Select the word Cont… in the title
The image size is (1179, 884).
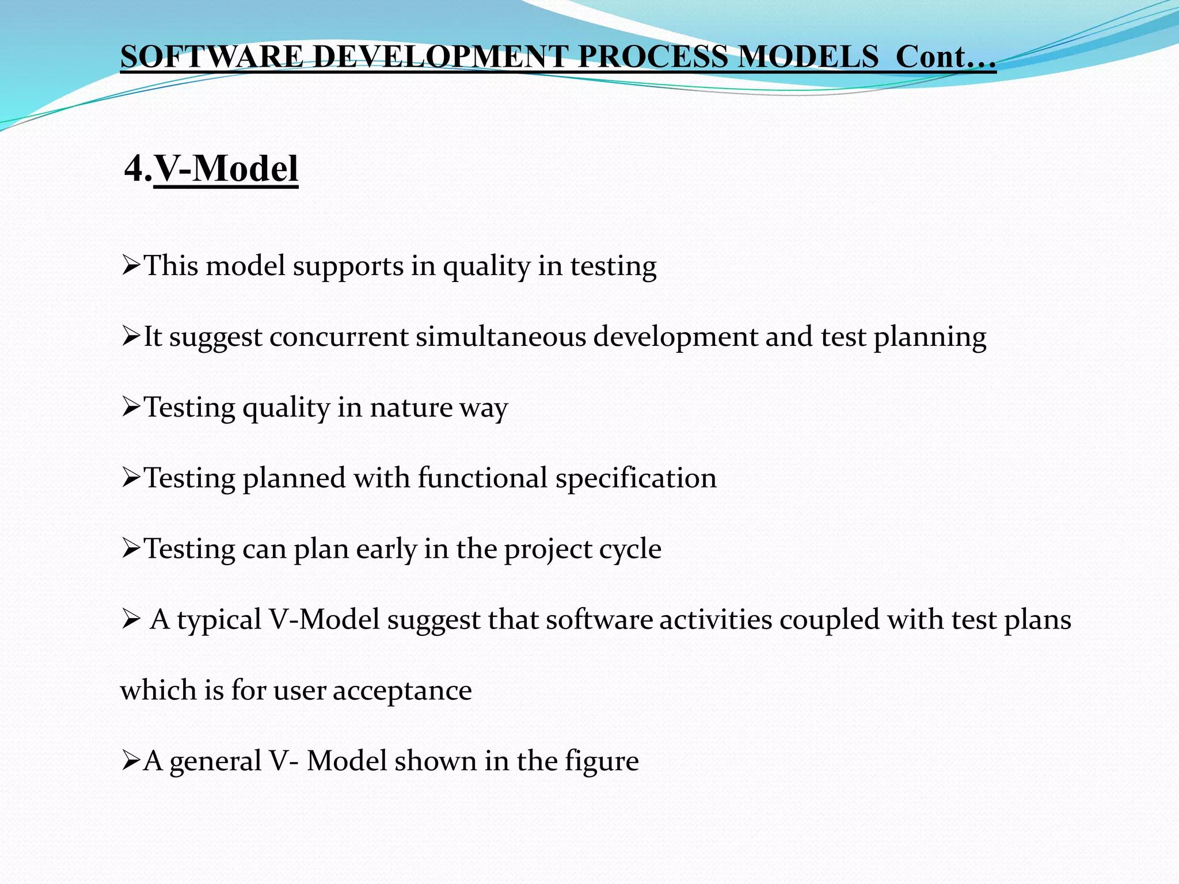tap(945, 57)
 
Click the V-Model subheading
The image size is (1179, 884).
tap(226, 169)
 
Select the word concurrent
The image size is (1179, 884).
tap(339, 337)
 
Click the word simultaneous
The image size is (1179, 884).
tap(501, 337)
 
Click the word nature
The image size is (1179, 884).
tap(411, 407)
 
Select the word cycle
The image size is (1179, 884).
tap(630, 550)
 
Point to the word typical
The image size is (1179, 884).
tap(219, 620)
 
